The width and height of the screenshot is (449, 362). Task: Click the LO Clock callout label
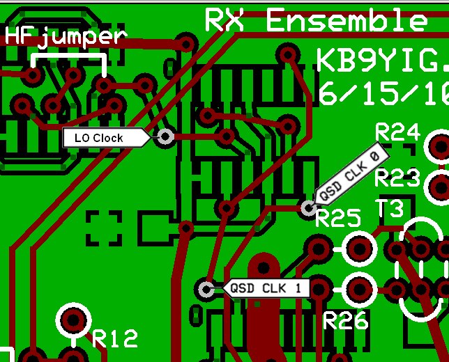click(x=101, y=138)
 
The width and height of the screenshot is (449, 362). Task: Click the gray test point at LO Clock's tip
click(x=165, y=137)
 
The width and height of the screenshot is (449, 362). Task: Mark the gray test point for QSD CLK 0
click(x=309, y=207)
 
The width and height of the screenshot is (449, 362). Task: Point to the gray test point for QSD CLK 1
click(x=206, y=288)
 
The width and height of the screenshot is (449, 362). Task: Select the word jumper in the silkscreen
click(x=82, y=38)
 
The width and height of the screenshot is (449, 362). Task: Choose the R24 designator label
click(x=397, y=132)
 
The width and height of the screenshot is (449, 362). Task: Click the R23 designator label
click(x=397, y=179)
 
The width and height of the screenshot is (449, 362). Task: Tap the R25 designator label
click(x=339, y=219)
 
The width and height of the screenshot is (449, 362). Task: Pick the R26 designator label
click(x=347, y=321)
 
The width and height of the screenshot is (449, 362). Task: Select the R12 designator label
click(x=115, y=338)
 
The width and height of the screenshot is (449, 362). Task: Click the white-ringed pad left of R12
click(x=73, y=320)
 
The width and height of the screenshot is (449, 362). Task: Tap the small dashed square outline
click(x=104, y=228)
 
